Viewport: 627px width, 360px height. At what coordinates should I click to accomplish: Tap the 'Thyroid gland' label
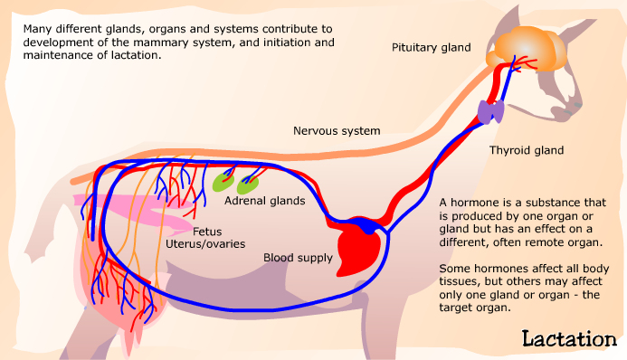pos(527,150)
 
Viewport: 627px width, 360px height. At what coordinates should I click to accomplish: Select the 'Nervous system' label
pos(337,131)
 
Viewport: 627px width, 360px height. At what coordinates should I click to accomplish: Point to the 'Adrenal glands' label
pos(264,201)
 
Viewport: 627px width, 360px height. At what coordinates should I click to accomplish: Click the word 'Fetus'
pos(207,231)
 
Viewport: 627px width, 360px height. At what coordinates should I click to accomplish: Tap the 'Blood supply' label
pos(298,258)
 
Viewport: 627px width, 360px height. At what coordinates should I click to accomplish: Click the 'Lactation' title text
pos(569,339)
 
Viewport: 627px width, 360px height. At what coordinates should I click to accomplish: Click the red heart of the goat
pos(356,246)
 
